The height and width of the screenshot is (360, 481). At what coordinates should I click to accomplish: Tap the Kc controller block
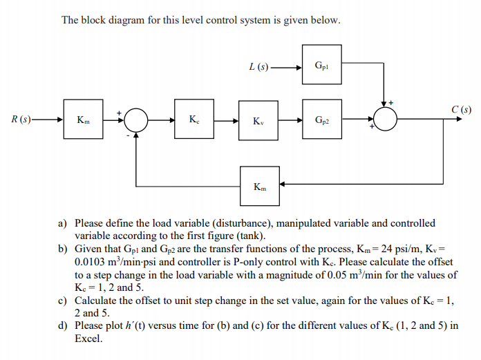click(x=195, y=120)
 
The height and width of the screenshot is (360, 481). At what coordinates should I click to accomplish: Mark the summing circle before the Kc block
click(x=136, y=120)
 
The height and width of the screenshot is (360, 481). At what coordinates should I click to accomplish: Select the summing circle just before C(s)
click(x=385, y=120)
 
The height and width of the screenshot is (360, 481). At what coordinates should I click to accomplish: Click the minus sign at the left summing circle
click(x=128, y=136)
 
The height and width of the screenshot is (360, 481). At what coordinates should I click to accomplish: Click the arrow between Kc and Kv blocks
click(x=226, y=120)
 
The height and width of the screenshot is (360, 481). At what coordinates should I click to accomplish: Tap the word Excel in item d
click(x=88, y=339)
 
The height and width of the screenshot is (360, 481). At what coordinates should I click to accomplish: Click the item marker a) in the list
click(x=62, y=223)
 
